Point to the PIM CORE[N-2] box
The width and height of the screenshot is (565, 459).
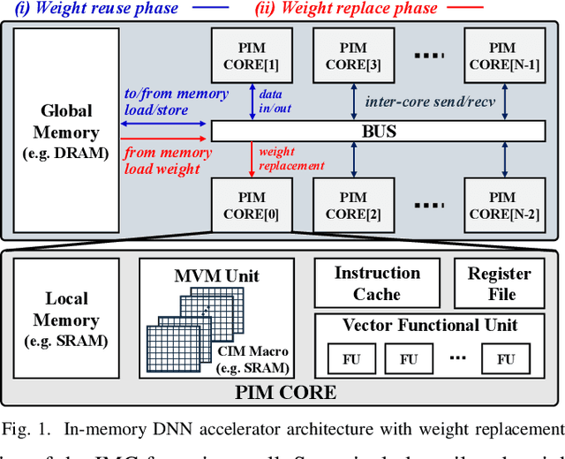[x=502, y=206]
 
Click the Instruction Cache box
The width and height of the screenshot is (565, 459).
[x=377, y=283]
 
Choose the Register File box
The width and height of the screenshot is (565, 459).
[x=499, y=283]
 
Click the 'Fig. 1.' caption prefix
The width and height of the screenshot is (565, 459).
[x=26, y=430]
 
